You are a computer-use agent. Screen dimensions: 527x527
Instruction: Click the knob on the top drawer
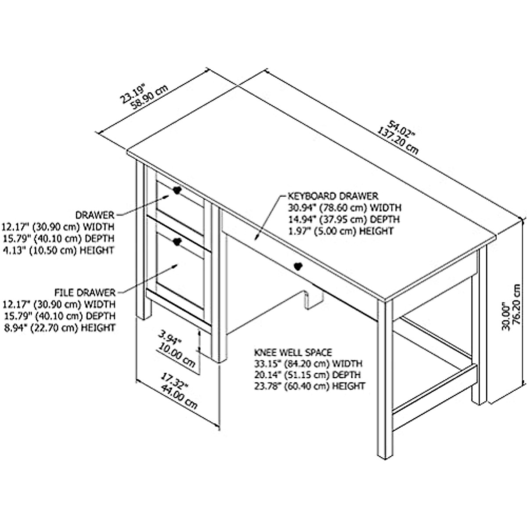pos(177,191)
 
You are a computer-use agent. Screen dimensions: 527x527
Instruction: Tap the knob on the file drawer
pos(177,242)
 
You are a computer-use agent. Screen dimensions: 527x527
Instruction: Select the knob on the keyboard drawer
pos(298,267)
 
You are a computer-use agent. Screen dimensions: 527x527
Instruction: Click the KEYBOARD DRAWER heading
pos(332,196)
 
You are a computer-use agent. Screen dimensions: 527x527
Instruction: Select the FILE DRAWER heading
pos(85,292)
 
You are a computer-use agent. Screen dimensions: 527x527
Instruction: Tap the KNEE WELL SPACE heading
pos(293,352)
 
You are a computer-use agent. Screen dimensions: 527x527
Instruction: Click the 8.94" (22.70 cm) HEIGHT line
pos(59,328)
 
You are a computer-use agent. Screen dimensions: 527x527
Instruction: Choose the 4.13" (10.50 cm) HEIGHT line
pos(58,250)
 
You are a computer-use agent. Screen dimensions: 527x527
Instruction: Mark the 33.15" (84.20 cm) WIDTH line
pos(308,364)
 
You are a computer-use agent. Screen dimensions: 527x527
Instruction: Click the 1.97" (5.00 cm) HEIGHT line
pos(340,231)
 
